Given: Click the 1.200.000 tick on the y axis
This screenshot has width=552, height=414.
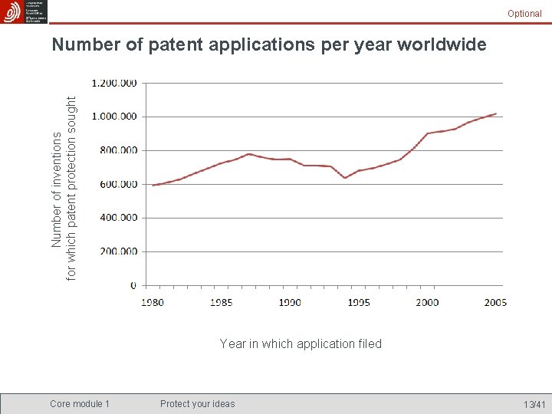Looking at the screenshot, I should pyautogui.click(x=114, y=83).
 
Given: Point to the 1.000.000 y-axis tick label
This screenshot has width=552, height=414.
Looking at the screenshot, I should pyautogui.click(x=114, y=117).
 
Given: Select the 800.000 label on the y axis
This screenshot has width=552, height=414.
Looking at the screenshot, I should pyautogui.click(x=119, y=150).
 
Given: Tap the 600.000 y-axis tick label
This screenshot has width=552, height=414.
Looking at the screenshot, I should pyautogui.click(x=119, y=184).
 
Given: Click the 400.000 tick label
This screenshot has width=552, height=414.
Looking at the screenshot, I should pyautogui.click(x=119, y=218).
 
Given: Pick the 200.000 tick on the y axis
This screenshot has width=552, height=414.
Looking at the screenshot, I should pyautogui.click(x=119, y=251).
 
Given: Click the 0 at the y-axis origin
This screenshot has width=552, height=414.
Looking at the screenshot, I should pyautogui.click(x=133, y=285).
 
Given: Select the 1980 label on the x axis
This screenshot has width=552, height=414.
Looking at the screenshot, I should pyautogui.click(x=152, y=302).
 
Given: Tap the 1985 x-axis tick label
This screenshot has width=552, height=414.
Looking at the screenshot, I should pyautogui.click(x=221, y=302).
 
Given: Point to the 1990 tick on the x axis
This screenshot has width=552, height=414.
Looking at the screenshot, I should pyautogui.click(x=290, y=302).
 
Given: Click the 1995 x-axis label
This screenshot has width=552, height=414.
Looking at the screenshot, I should pyautogui.click(x=359, y=302).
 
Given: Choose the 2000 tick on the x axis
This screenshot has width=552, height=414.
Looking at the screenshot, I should pyautogui.click(x=427, y=302).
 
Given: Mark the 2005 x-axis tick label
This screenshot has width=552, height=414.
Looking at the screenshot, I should pyautogui.click(x=495, y=302).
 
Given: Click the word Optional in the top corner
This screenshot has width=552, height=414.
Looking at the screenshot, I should pyautogui.click(x=524, y=14).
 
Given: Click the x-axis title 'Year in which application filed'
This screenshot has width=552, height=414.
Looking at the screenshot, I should pyautogui.click(x=301, y=343).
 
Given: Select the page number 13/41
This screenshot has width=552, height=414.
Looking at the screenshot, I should pyautogui.click(x=534, y=404).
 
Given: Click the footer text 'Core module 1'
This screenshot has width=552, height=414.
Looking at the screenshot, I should pyautogui.click(x=80, y=404).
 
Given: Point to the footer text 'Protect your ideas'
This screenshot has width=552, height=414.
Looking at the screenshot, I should pyautogui.click(x=198, y=404).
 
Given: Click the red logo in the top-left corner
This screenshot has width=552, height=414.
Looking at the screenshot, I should pyautogui.click(x=12, y=11).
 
